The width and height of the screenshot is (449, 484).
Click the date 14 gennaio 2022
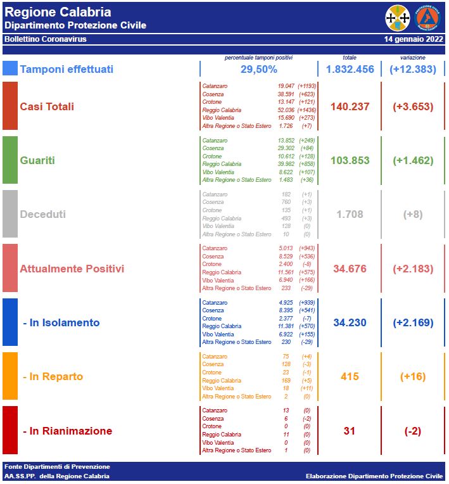414,39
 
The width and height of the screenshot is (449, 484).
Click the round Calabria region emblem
398,18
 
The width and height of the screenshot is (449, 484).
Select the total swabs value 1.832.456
350,69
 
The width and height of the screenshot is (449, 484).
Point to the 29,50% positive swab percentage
258,69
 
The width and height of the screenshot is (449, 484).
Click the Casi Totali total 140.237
350,106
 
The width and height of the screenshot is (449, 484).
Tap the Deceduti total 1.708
350,215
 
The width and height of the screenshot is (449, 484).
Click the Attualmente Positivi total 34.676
350,269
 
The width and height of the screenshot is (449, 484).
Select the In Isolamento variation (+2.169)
413,322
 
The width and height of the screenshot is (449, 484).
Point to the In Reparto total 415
350,376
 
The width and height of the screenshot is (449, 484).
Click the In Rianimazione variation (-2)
413,431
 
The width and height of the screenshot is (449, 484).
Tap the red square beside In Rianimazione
10,430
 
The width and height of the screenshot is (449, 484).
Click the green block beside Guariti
10,160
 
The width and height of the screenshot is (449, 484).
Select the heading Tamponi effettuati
66,69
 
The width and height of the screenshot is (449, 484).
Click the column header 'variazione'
412,57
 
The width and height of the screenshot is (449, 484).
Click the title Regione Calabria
58,12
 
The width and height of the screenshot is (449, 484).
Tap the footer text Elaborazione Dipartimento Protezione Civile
374,476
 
